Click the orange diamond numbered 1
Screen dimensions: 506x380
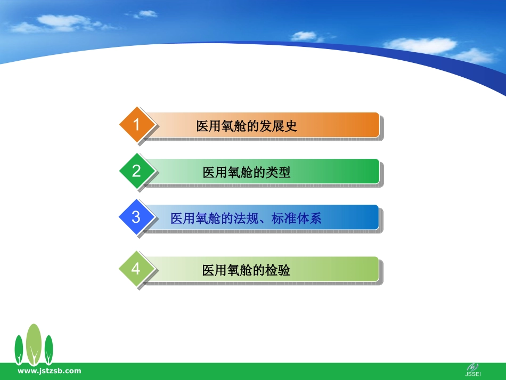pos(137,124)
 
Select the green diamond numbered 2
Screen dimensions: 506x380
pos(137,171)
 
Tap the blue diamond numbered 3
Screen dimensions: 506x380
pos(136,217)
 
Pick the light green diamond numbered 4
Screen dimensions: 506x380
pos(136,269)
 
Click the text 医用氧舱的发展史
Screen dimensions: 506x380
pos(247,126)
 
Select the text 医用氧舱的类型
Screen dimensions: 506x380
pos(247,172)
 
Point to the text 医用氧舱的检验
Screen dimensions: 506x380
pos(246,270)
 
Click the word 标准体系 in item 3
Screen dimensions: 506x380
pos(296,219)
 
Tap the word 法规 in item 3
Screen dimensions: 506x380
pos(246,219)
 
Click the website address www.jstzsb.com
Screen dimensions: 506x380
pos(50,371)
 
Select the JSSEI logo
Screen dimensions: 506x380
pos(473,370)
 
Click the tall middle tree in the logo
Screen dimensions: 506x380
pos(34,344)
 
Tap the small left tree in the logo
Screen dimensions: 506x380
pos(19,350)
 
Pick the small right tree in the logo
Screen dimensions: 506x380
pos(48,350)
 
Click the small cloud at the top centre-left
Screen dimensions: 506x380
pos(145,14)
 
